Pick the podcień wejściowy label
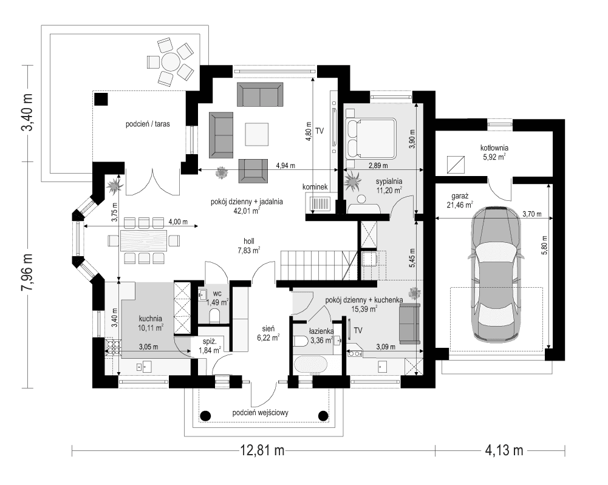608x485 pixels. click(264, 413)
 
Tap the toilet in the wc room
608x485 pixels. click(213, 315)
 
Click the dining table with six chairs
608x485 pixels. click(145, 240)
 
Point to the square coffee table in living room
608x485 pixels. click(257, 134)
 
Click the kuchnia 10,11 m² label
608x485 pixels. click(150, 322)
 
